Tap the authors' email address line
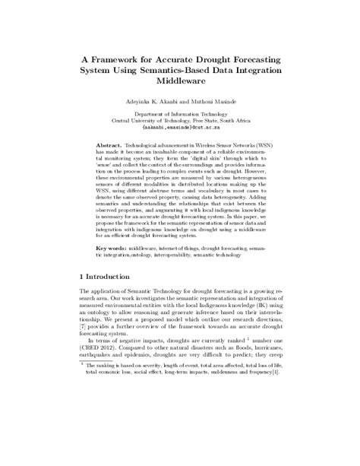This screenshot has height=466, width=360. click(x=180, y=128)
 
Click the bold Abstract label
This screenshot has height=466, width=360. click(x=111, y=143)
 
